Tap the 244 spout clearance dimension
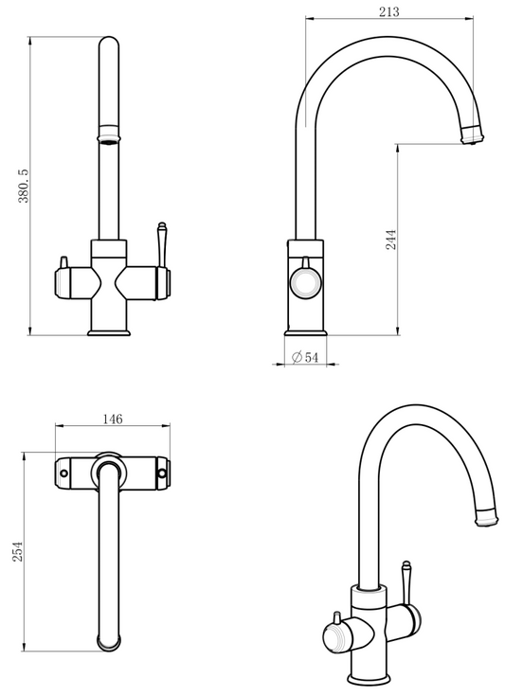[390, 239]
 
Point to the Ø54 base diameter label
[305, 356]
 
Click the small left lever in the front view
[63, 262]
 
